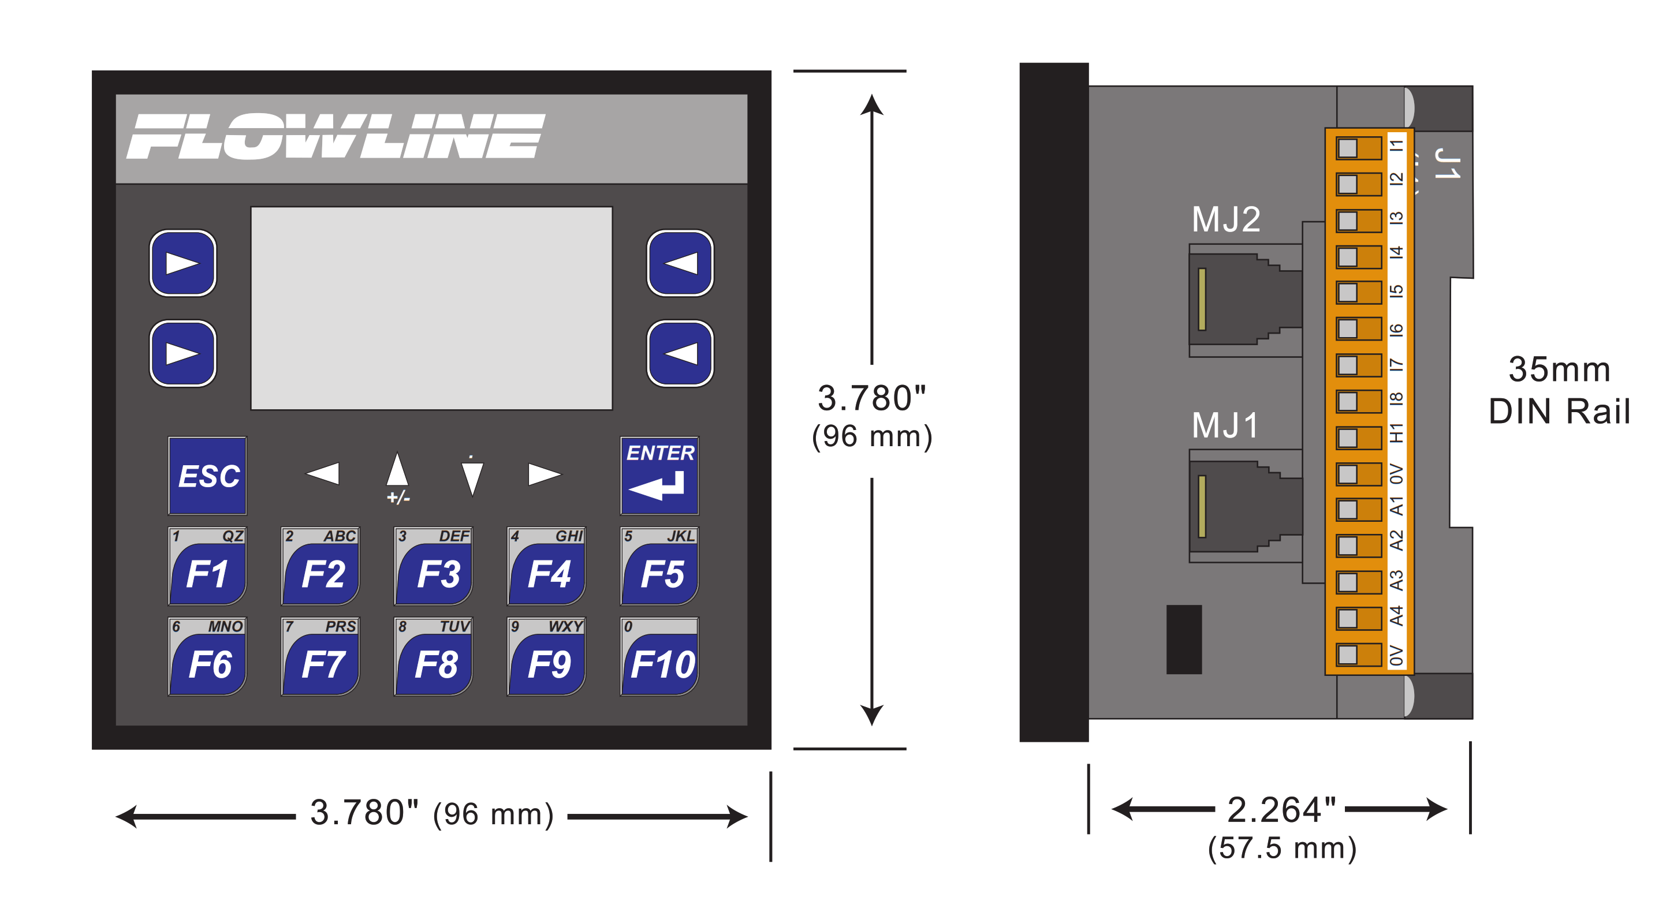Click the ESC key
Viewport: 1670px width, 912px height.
[207, 475]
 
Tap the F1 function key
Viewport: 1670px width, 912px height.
[207, 566]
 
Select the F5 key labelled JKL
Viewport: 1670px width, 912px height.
[659, 566]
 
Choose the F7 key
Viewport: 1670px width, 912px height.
[320, 656]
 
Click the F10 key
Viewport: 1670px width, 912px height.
[659, 656]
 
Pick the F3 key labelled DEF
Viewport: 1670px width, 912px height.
[433, 566]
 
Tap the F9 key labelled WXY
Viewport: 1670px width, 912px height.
[546, 656]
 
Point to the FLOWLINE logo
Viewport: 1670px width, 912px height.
[335, 136]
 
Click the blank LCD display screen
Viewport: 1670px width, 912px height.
[432, 308]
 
